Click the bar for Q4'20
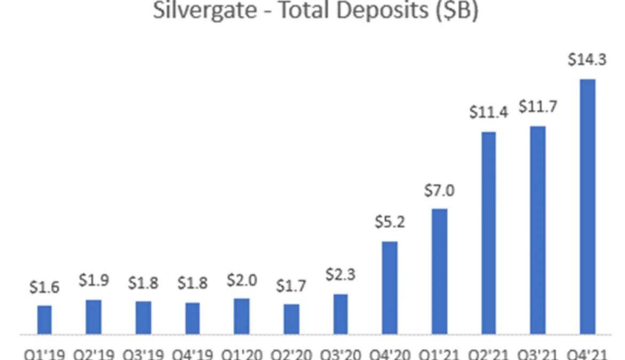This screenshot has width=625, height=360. click(x=390, y=288)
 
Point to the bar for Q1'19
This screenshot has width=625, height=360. click(x=44, y=320)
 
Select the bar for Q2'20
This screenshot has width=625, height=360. click(x=291, y=319)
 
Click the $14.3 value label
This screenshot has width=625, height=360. click(x=587, y=60)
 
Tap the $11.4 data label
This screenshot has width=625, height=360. click(x=487, y=113)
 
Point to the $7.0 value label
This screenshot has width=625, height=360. click(x=439, y=191)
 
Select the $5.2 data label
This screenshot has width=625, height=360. click(x=390, y=223)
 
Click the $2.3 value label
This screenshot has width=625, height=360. click(x=341, y=276)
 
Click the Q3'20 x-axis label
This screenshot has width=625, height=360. click(x=341, y=354)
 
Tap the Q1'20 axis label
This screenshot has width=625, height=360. click(x=242, y=354)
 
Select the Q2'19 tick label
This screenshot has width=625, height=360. click(x=93, y=354)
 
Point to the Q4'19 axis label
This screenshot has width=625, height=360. click(x=193, y=354)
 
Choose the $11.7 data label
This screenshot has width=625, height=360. click(x=537, y=107)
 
